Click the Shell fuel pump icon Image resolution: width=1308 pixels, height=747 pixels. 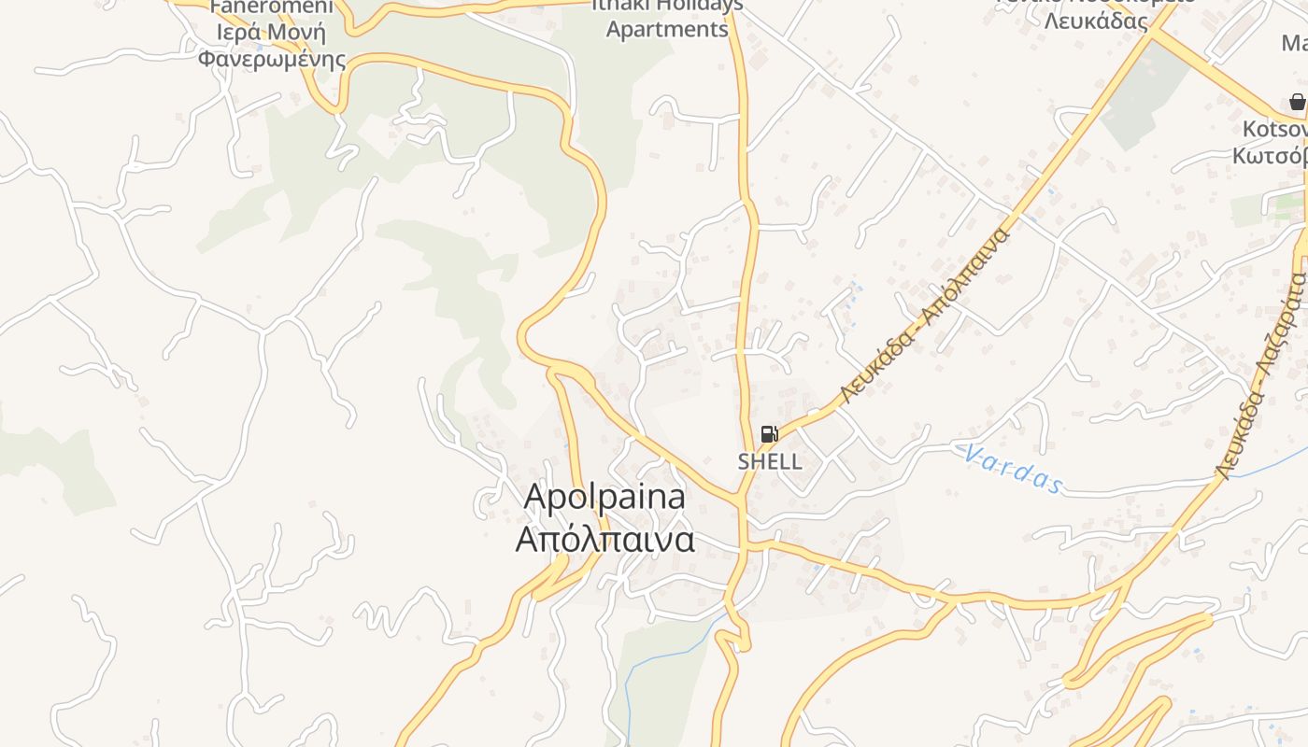click(769, 433)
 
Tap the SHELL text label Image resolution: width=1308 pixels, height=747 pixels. click(770, 461)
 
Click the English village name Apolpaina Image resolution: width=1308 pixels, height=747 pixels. click(604, 496)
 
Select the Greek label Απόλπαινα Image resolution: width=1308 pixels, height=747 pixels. click(605, 539)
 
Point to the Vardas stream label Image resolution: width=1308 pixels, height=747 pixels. click(1014, 468)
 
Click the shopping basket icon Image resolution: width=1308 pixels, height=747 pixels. click(1297, 102)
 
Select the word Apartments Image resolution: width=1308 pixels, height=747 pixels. click(667, 29)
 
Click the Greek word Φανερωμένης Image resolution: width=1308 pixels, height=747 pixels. click(271, 60)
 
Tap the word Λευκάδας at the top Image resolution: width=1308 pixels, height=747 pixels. click(1096, 21)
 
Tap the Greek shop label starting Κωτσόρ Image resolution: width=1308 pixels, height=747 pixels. click(1271, 155)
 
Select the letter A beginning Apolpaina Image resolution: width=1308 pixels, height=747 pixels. click(534, 497)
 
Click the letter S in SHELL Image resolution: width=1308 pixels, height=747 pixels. click(744, 461)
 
